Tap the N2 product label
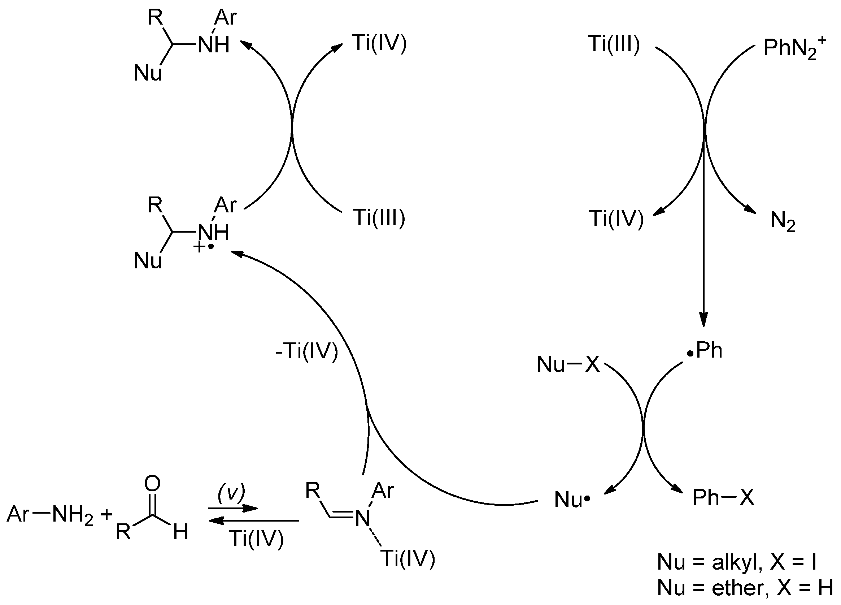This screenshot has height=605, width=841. click(x=783, y=221)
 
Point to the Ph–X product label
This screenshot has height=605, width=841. click(x=723, y=497)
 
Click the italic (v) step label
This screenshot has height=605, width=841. click(x=231, y=493)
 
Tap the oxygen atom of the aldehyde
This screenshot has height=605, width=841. click(x=152, y=484)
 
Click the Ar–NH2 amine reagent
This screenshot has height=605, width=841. click(x=50, y=514)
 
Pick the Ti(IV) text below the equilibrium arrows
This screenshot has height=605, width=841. click(x=256, y=538)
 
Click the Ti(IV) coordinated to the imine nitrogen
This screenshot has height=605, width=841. click(x=408, y=558)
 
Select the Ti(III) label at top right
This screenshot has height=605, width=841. click(x=614, y=44)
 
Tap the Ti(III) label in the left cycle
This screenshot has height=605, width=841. click(x=379, y=217)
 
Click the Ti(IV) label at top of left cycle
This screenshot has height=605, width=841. click(x=379, y=43)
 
